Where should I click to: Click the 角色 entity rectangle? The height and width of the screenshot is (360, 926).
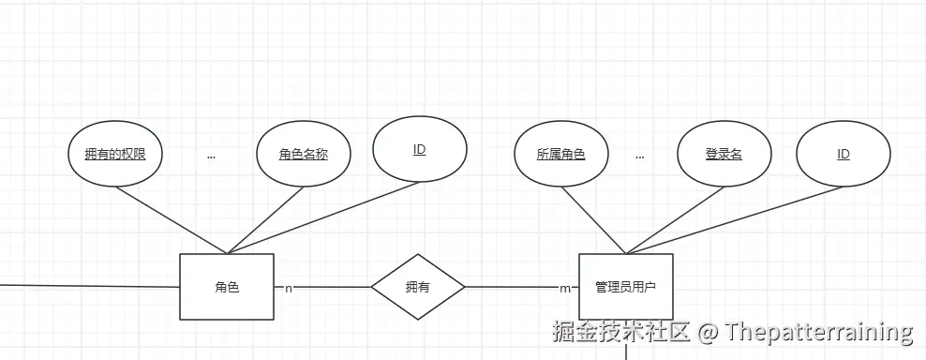227,287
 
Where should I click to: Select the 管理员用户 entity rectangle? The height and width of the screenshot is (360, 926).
626,287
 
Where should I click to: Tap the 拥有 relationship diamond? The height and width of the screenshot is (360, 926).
418,287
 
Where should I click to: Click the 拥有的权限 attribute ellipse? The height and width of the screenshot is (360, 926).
115,154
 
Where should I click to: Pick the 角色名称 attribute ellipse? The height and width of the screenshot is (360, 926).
303,154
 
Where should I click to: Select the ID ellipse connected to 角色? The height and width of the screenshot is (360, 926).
419,150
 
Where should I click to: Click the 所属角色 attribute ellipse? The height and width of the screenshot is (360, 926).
561,154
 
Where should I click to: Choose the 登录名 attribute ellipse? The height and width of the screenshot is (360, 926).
724,154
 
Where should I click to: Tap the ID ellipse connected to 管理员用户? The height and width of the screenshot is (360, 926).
844,155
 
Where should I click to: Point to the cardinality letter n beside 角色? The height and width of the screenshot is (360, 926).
289,288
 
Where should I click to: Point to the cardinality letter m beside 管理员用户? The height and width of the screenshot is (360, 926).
564,288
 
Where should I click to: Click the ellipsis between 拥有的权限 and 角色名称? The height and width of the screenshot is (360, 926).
211,157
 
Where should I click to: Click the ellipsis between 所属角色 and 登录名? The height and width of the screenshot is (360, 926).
639,157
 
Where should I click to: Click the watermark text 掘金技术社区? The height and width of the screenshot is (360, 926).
621,332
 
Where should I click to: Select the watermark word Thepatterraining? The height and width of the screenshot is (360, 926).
819,332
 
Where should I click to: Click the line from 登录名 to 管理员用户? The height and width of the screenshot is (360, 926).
675,219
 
